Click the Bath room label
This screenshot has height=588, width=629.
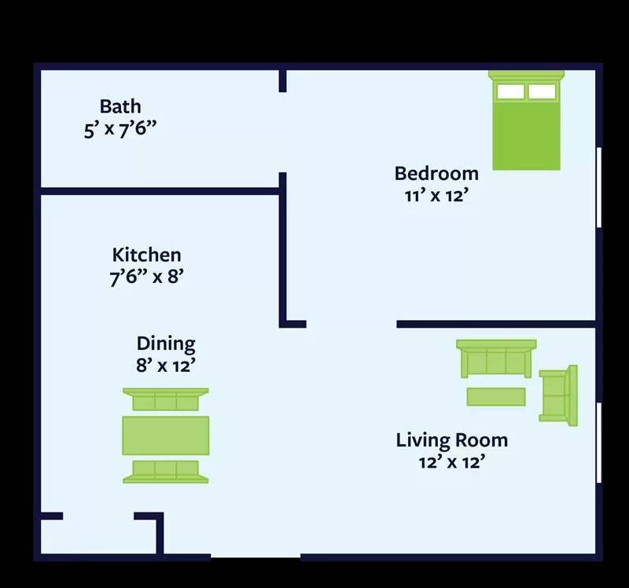tap(120, 106)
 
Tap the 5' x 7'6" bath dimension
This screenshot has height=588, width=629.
tap(120, 129)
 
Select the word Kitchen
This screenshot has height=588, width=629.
tap(146, 255)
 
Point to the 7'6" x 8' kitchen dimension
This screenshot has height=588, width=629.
tap(146, 277)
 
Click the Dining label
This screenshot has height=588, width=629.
tap(166, 344)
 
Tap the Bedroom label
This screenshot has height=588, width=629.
tap(436, 173)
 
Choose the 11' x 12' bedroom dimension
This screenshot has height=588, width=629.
tap(436, 195)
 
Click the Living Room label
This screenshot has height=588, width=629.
tap(451, 440)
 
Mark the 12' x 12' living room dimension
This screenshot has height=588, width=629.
tap(451, 462)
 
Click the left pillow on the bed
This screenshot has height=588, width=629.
tap(510, 91)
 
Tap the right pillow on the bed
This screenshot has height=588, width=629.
tap(542, 91)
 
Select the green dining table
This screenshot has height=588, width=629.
tap(166, 435)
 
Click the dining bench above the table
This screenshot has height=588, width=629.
tap(166, 399)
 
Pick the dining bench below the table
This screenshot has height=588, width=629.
tap(166, 471)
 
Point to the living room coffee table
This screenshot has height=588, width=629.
tap(496, 396)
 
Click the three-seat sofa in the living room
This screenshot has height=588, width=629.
tap(496, 359)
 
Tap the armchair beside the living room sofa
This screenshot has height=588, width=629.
tap(558, 395)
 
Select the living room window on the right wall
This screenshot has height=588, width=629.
tap(599, 443)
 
